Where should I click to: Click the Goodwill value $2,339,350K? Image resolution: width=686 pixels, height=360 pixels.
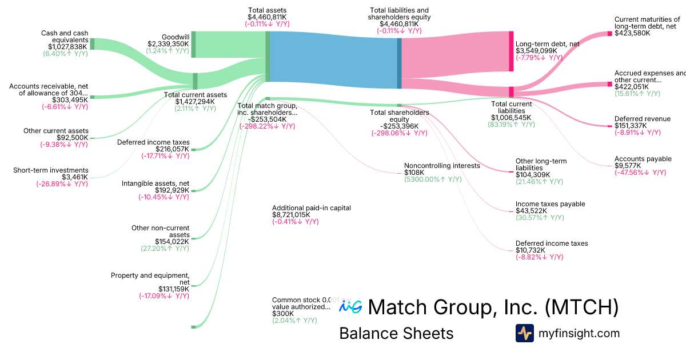coord(168,43)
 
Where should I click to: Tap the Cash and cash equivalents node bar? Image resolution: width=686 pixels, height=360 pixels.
coord(93,44)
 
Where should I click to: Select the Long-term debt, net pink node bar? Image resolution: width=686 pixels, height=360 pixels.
coord(511,51)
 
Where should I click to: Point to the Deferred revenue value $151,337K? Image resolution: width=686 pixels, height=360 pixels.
coord(631,126)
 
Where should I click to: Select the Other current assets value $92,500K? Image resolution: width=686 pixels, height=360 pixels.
coord(72,138)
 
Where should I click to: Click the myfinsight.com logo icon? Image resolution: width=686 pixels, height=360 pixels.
coord(524,333)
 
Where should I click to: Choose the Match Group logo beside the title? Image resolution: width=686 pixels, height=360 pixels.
coord(350,307)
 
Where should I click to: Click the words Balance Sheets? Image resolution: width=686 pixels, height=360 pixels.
coord(396,333)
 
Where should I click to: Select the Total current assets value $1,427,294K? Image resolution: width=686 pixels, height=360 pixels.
coord(195,102)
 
